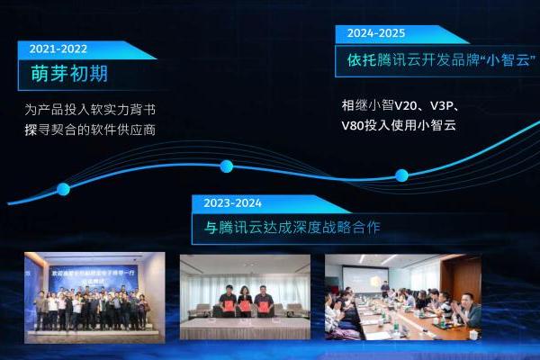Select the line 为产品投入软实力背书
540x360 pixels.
[x=90, y=111]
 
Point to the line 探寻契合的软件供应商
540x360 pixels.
[x=90, y=129]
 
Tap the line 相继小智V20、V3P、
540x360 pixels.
[x=401, y=105]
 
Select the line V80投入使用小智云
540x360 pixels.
[x=399, y=124]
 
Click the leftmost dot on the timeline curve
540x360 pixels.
[x=63, y=189]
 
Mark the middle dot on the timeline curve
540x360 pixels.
[x=227, y=166]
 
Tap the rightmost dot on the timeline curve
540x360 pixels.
[x=401, y=175]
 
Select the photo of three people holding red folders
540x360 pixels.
[x=245, y=297]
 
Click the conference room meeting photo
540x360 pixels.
[x=402, y=297]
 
